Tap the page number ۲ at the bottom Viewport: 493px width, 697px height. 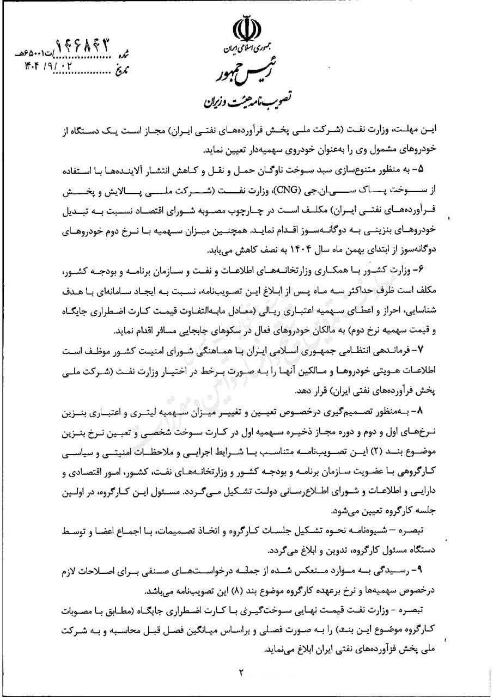(x=241, y=671)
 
